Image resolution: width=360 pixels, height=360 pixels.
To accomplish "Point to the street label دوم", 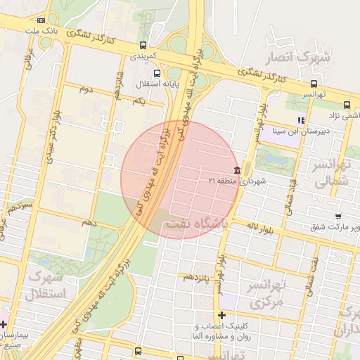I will [85, 89].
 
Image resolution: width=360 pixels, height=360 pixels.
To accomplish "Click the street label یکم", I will [138, 101].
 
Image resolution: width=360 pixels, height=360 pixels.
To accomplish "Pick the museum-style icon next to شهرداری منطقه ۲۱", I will [237, 172].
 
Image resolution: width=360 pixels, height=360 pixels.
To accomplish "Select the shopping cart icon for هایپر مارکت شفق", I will [338, 216].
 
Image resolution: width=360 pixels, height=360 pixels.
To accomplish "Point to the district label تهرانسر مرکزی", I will [264, 295].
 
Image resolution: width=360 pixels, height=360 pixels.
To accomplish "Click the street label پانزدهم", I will [198, 277].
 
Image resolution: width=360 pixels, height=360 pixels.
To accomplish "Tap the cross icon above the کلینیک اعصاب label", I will [222, 316].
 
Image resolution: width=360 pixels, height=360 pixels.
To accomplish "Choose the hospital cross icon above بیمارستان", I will [4, 325].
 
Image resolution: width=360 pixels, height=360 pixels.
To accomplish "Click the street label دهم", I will [89, 222].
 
